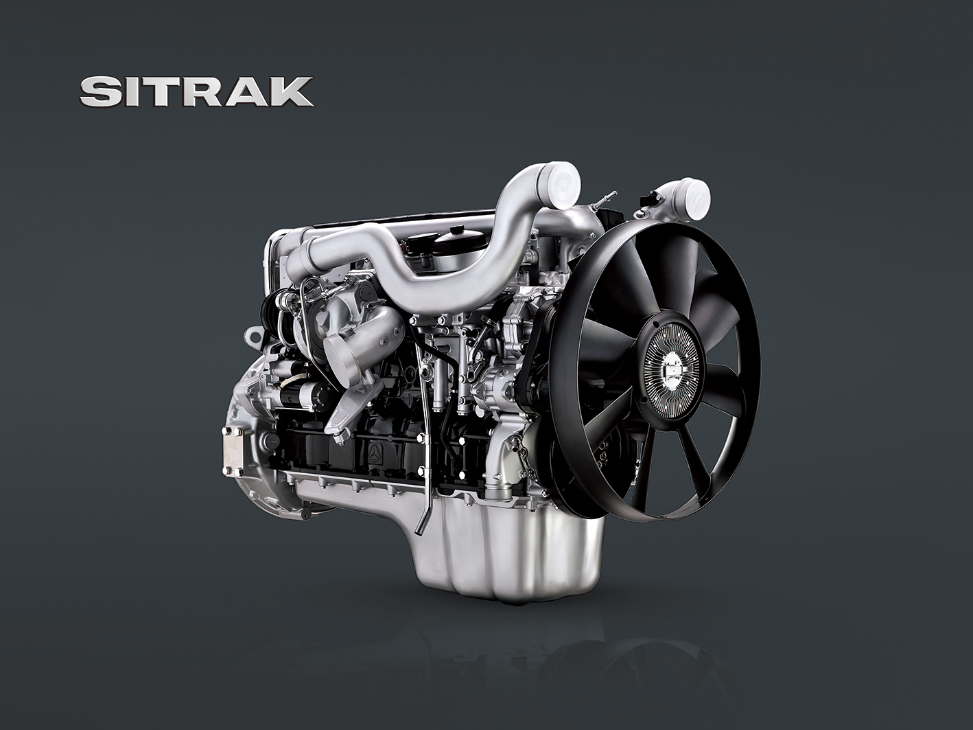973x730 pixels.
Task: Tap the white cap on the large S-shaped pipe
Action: click(559, 183)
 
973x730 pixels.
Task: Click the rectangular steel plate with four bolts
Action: click(233, 450)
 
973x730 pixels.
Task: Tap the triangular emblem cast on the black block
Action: click(373, 450)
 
